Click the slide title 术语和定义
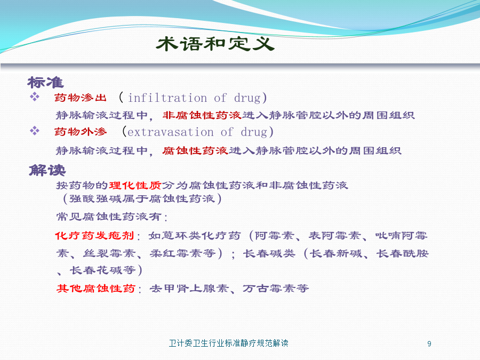tap(215, 44)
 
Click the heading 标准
tap(46, 83)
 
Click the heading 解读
tap(47, 170)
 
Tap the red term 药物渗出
tap(81, 98)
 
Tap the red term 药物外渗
tap(81, 132)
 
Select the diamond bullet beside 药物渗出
tap(35, 97)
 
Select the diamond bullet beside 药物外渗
tap(35, 131)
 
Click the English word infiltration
tap(167, 98)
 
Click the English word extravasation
tap(171, 132)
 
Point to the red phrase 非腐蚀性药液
tap(202, 115)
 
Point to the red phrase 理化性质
tap(135, 185)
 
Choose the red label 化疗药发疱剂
tap(94, 235)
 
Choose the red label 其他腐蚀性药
tap(96, 289)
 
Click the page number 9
tap(429, 344)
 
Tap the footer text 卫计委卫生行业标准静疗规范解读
tap(229, 343)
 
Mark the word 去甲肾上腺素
tap(189, 289)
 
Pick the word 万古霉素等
tap(276, 289)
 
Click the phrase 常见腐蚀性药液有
tap(109, 217)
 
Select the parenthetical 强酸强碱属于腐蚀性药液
tap(142, 199)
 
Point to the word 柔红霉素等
tap(182, 253)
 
